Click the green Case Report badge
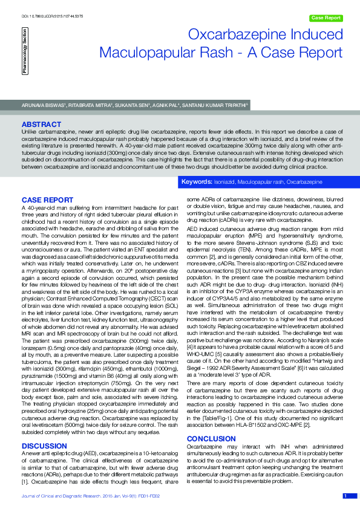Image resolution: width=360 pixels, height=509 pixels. click(325, 18)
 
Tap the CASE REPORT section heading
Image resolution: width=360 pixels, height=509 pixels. click(47, 199)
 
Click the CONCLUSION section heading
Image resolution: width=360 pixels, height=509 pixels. click(211, 421)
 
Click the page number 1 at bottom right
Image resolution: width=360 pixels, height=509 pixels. click(345, 496)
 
